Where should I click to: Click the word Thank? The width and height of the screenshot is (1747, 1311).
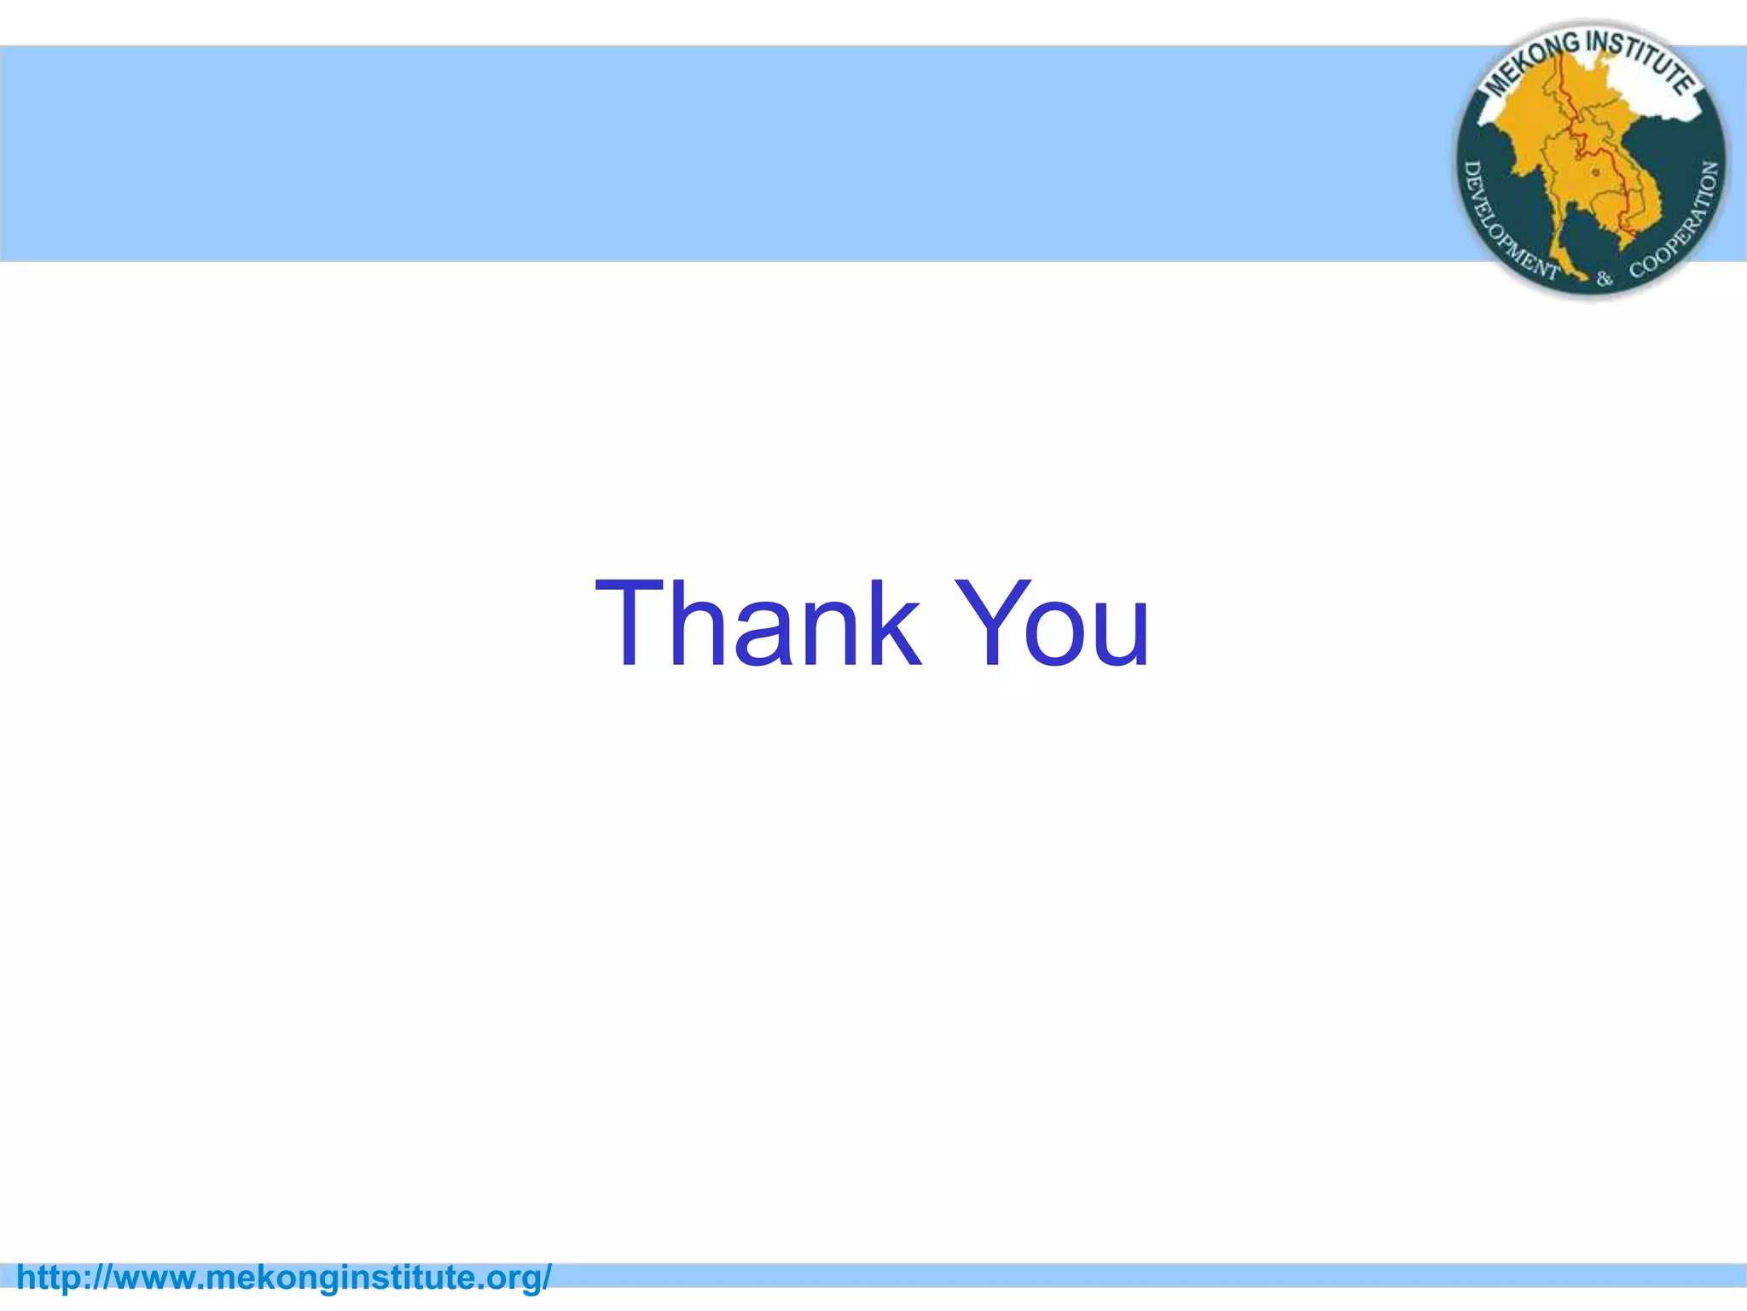click(x=758, y=623)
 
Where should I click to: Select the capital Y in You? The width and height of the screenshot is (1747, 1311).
click(x=989, y=623)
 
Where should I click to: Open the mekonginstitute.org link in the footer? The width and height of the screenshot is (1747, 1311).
click(x=284, y=1278)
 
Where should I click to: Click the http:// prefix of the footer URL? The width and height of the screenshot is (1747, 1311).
click(x=63, y=1278)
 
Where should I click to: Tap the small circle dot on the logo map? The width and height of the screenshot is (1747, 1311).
click(x=1596, y=172)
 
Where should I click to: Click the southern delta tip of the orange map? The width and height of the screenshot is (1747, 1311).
click(x=1625, y=242)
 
